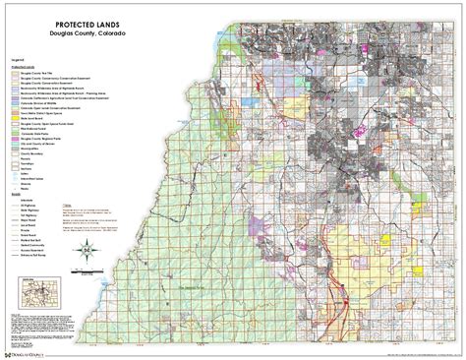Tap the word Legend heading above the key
14,61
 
